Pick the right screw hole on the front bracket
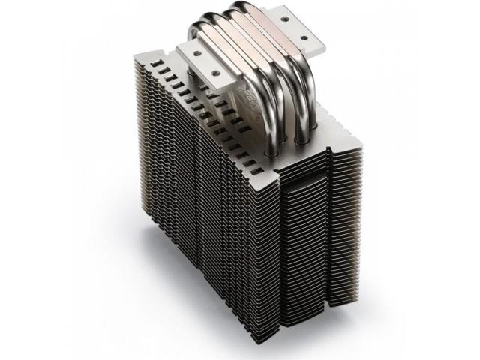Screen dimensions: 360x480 tap(216, 73)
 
